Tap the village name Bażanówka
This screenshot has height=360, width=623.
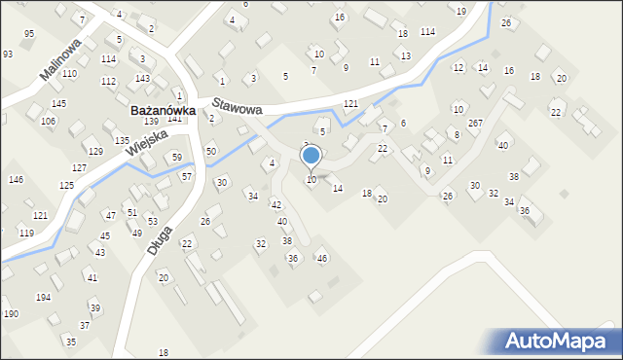tap(164, 111)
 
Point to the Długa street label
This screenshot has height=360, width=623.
tap(162, 239)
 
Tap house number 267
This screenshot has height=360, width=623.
tap(475, 124)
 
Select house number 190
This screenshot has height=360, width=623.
tap(11, 313)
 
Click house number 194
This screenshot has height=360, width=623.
tap(44, 296)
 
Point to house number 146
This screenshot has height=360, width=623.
tap(16, 180)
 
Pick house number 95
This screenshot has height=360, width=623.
tap(29, 34)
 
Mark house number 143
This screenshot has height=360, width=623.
tap(142, 78)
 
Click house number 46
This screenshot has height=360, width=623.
tap(322, 258)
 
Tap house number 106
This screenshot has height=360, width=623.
tap(48, 121)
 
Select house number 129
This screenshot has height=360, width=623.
tap(95, 152)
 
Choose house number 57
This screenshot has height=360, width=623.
tap(186, 176)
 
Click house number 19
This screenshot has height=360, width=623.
tap(460, 11)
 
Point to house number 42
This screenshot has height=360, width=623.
tap(275, 204)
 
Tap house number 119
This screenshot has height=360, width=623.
tap(26, 234)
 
